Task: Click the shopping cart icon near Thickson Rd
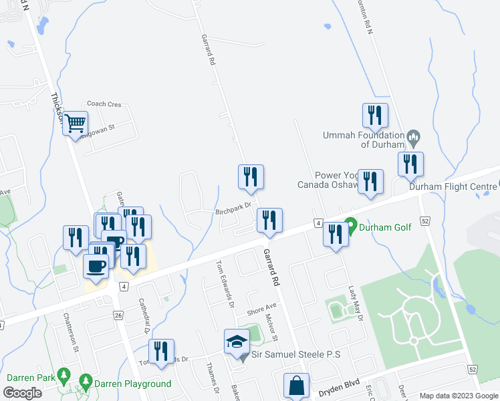click(76, 122)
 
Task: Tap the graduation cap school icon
click(237, 342)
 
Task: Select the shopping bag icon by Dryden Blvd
click(296, 386)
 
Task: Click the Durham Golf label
click(385, 227)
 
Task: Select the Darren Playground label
click(132, 384)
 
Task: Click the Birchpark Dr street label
click(233, 210)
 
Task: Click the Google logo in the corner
click(21, 393)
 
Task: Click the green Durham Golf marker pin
click(349, 226)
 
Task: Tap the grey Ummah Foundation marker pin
click(413, 139)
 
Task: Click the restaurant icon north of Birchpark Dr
click(251, 176)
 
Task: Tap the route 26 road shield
click(118, 315)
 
